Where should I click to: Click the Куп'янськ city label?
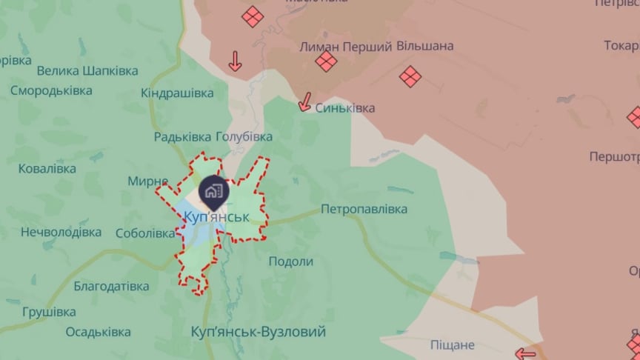click(216, 217)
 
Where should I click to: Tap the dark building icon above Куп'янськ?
click(213, 190)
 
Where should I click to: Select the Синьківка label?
click(345, 107)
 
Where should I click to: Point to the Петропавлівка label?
click(364, 210)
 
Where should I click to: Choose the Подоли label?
click(290, 261)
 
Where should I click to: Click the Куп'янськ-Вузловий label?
click(258, 331)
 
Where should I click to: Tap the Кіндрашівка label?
click(177, 93)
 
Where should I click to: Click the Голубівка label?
click(244, 136)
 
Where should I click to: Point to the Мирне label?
click(148, 181)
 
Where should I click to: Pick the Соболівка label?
click(145, 233)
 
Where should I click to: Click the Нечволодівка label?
click(61, 232)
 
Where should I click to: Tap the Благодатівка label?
click(111, 286)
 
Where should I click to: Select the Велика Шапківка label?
click(87, 71)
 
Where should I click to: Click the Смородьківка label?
click(51, 90)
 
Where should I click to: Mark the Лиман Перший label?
click(345, 46)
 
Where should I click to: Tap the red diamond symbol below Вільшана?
click(410, 76)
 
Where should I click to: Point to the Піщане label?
click(453, 344)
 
